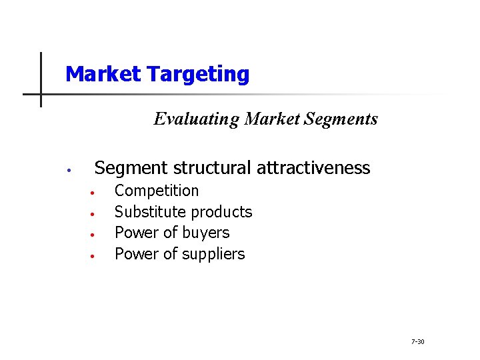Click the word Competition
(157, 191)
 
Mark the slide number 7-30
(418, 342)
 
